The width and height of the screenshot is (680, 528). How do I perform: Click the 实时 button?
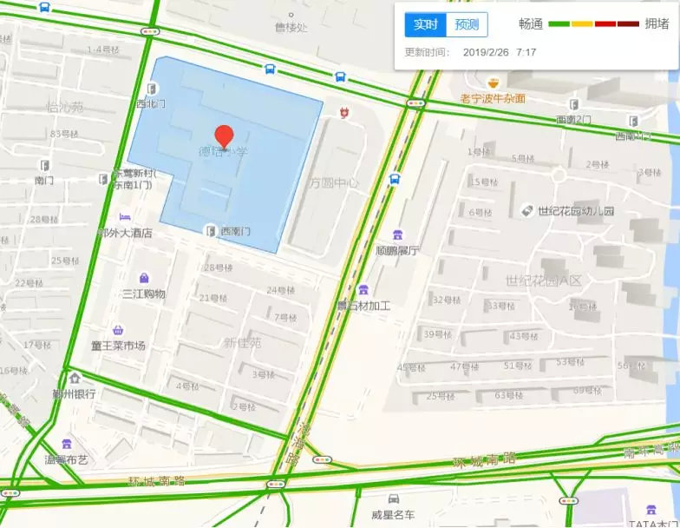click(x=425, y=24)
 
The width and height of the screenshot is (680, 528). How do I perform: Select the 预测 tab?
click(x=467, y=24)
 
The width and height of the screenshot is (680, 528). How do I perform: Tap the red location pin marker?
click(x=224, y=136)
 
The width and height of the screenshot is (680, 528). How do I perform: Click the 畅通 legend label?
click(x=530, y=24)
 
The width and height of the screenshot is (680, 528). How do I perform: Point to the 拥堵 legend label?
click(x=657, y=24)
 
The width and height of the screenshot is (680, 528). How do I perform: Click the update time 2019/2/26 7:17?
click(x=500, y=52)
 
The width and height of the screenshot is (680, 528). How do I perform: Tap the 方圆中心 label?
click(x=334, y=183)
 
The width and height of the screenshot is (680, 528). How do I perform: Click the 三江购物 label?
click(x=144, y=294)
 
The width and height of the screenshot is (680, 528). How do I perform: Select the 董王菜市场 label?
click(x=118, y=346)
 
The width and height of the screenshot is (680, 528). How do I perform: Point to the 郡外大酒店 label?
click(x=126, y=233)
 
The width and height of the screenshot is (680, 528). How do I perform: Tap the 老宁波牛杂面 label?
click(x=493, y=98)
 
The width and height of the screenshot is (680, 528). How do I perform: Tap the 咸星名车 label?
click(x=393, y=515)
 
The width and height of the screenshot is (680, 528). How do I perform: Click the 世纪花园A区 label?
click(x=543, y=280)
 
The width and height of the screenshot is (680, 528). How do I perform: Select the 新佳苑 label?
click(x=242, y=343)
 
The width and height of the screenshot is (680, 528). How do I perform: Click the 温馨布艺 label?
click(x=67, y=459)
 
